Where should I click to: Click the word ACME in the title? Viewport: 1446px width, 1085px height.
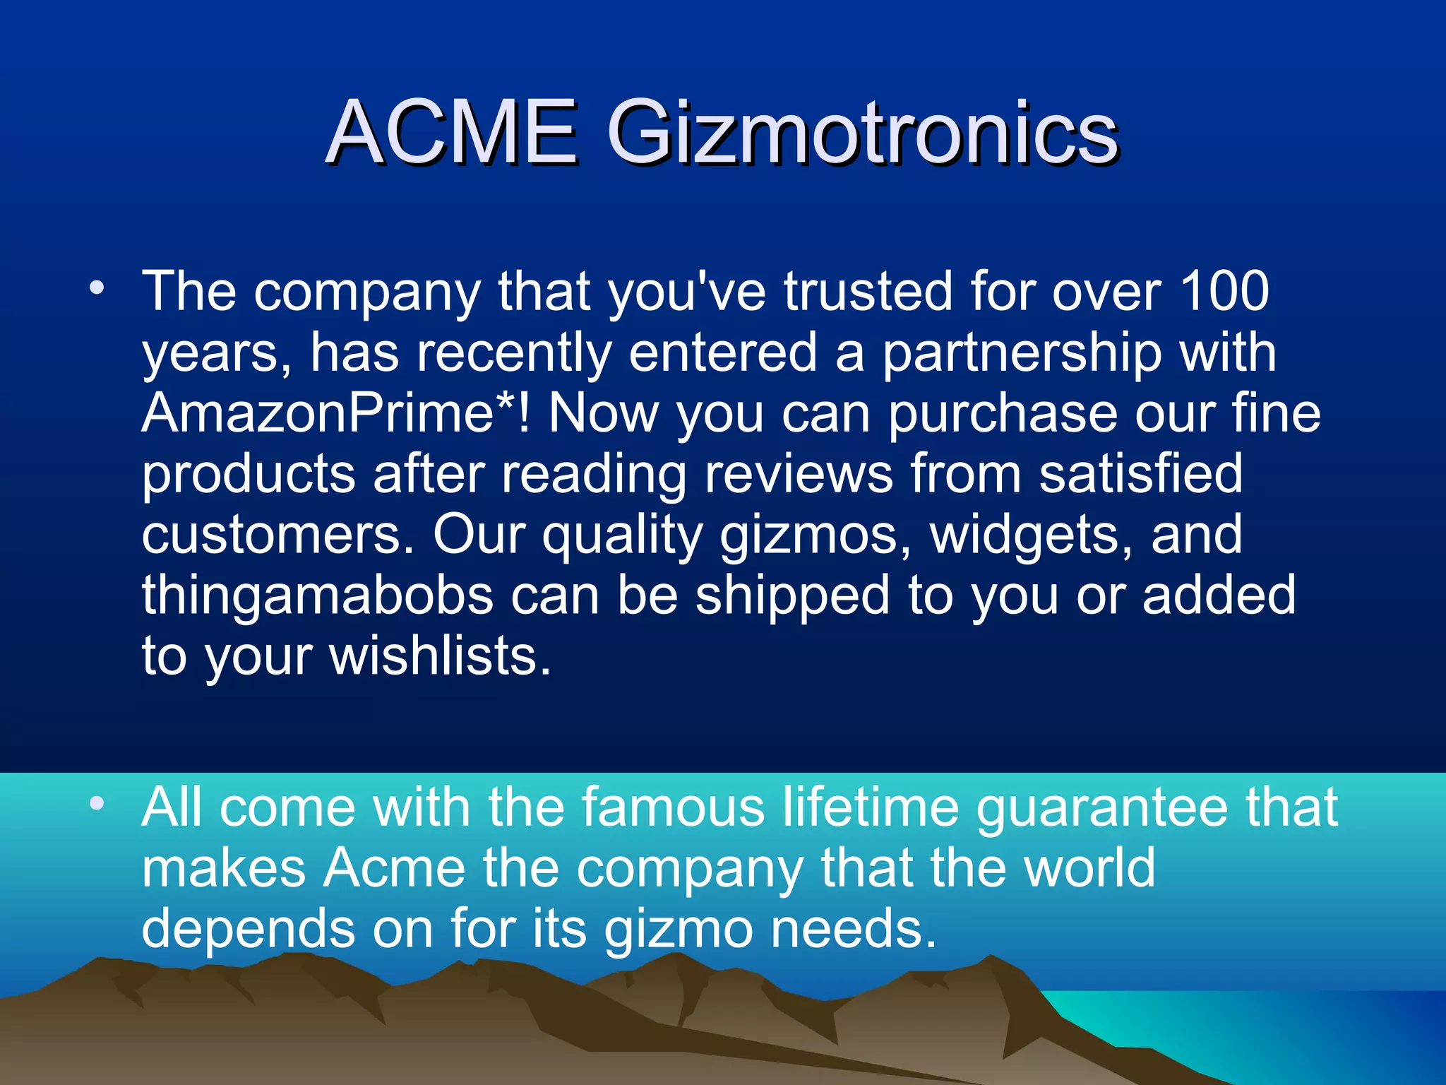point(452,132)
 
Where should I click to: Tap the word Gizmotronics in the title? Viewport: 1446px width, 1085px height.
point(862,132)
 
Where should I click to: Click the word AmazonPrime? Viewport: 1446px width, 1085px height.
point(317,413)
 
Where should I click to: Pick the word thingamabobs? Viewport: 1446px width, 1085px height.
point(317,595)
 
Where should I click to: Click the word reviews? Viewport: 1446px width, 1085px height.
point(799,474)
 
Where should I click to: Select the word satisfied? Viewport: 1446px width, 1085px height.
point(1140,474)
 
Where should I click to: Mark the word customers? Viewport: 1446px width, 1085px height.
point(277,535)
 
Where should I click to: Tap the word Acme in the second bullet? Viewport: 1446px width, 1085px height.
point(395,867)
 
